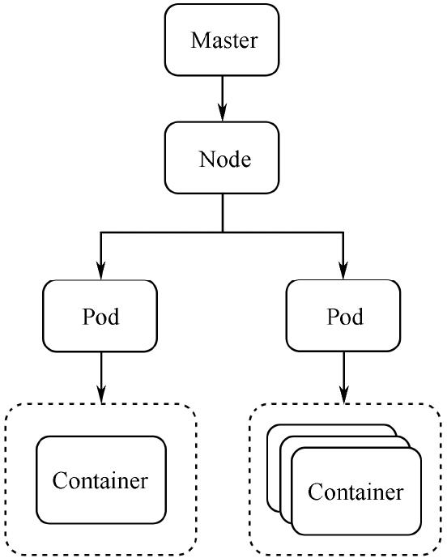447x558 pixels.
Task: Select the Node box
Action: pos(223,158)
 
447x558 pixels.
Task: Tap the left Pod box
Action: pos(100,316)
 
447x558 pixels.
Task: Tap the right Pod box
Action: pos(344,316)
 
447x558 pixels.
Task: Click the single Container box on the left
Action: pos(100,479)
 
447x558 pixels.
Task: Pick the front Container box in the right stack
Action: pos(356,491)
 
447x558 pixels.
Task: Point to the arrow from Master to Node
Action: pos(223,96)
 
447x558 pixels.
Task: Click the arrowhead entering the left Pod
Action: pos(100,271)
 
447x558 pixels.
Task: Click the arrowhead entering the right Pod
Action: pos(344,271)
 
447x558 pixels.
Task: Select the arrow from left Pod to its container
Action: pos(100,377)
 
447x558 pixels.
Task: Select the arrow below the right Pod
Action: pos(344,377)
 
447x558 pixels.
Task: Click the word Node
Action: pos(224,159)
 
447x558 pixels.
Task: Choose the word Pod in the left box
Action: pos(100,317)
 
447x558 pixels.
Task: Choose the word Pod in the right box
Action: pos(344,317)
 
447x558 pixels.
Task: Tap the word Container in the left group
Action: pos(100,480)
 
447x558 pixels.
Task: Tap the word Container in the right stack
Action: pos(355,492)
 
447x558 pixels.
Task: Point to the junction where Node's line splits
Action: pos(223,232)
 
